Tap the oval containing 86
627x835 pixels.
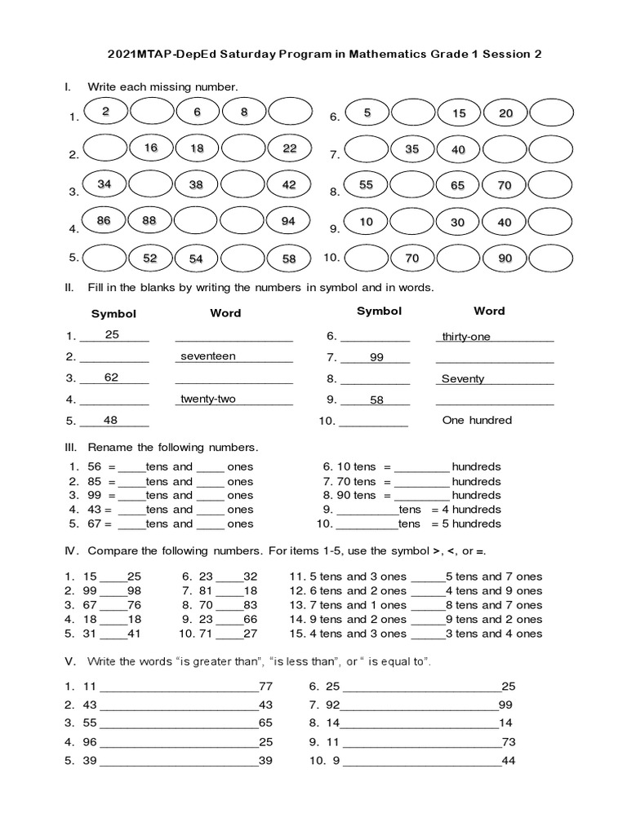[104, 222]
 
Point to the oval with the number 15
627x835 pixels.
[460, 114]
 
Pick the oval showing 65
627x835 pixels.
[458, 186]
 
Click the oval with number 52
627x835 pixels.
[150, 258]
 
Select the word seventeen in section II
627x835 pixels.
[208, 356]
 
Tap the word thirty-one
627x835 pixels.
[466, 337]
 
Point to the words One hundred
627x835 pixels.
[477, 421]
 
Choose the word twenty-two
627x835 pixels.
[207, 399]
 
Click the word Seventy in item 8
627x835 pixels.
[463, 379]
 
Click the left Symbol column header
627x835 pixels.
[113, 314]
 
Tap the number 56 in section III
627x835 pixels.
[95, 467]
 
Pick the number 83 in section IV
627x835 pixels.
[250, 605]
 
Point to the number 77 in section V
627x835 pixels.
[266, 687]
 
